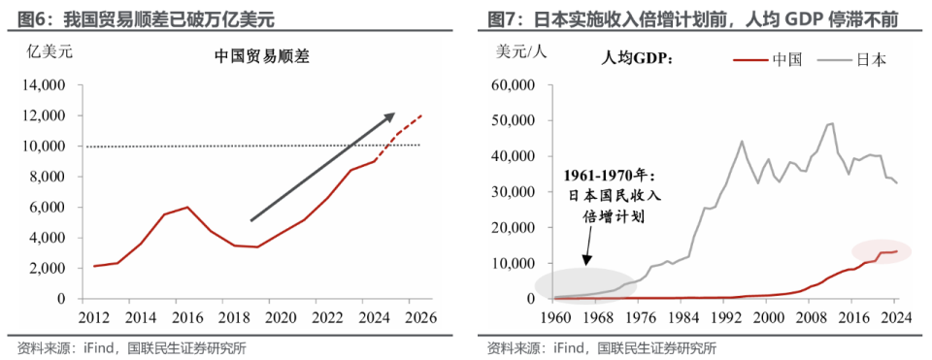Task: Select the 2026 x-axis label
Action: [419, 317]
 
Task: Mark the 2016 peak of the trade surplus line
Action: [187, 207]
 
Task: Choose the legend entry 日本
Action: [871, 59]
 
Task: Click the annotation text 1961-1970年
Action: [611, 176]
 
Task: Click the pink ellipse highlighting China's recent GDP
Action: [881, 251]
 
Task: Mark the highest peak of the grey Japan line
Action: [831, 123]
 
